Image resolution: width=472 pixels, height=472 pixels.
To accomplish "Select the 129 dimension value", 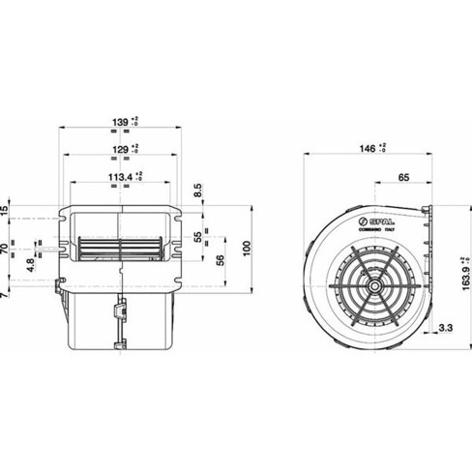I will click(x=117, y=151).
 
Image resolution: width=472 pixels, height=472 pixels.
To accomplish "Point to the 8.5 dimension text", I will click(x=197, y=189).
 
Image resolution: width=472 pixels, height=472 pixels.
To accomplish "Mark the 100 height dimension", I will click(x=246, y=251).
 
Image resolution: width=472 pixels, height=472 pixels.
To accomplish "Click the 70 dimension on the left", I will click(x=5, y=250).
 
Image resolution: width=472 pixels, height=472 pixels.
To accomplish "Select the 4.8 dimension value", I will click(x=30, y=263).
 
